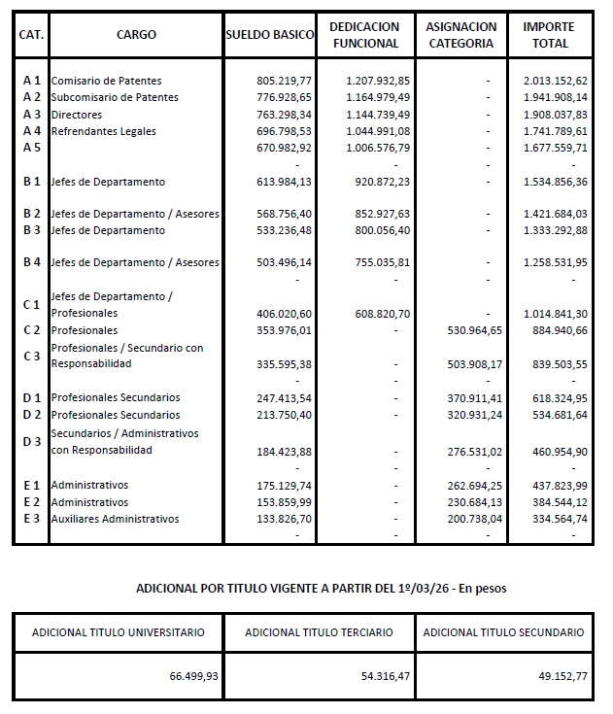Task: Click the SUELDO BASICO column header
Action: coord(269,35)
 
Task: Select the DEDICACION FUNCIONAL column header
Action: coord(364,35)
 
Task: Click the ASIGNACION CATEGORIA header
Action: coord(461,35)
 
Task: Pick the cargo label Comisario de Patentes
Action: coord(106,81)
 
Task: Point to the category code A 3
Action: coord(31,115)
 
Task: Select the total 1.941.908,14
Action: coord(554,97)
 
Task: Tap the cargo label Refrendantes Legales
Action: coord(103,131)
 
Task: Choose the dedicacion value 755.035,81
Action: coord(376,262)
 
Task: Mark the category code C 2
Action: coord(31,330)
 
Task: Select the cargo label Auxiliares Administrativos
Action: coord(115,519)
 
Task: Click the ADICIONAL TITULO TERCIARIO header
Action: coord(319,632)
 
